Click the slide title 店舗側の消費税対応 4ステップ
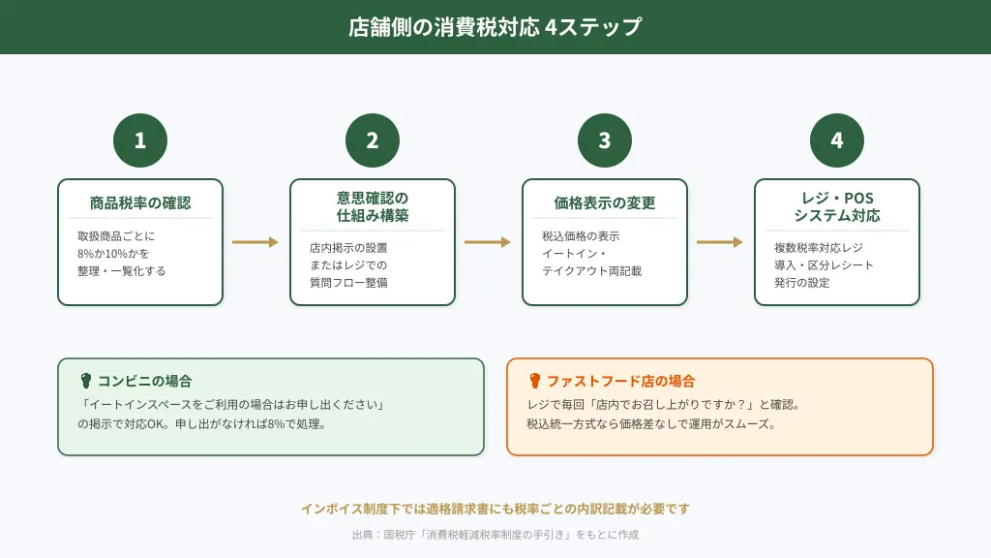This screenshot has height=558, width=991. coord(495,27)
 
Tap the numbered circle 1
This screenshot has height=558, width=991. coord(140,140)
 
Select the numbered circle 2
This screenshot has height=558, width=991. coord(373,140)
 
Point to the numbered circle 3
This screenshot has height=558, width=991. coord(605,140)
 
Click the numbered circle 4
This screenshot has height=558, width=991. coord(837,140)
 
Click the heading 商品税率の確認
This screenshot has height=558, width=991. coord(140,203)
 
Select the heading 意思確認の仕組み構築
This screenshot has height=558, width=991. coord(373,206)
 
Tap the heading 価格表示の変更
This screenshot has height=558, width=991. coord(605,203)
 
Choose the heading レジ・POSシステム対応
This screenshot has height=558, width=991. coord(837,206)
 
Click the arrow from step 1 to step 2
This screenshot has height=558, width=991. coord(255,242)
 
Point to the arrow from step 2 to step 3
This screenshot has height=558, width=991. coord(488,242)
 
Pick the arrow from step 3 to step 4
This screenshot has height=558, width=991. coord(720,242)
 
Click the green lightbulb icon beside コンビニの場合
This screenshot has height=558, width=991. coord(85,381)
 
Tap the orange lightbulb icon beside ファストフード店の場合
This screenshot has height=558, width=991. coord(534,381)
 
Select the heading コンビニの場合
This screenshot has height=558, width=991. coord(144,381)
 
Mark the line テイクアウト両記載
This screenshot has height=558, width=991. coord(591,271)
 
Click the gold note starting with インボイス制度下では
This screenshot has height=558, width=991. coord(495,509)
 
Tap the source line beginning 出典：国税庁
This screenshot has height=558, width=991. coord(495,535)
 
